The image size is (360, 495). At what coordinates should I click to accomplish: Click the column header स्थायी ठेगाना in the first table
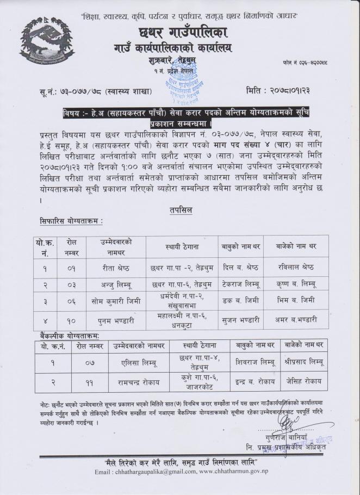point(182,247)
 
